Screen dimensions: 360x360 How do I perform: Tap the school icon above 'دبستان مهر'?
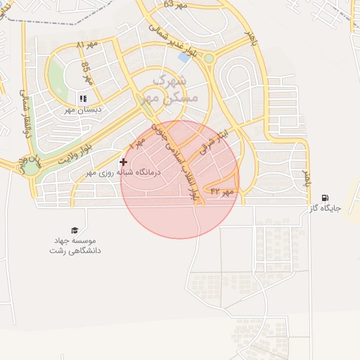pyautogui.click(x=83, y=98)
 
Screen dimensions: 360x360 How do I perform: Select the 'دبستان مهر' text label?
pyautogui.click(x=84, y=110)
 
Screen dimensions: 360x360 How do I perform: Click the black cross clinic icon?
pyautogui.click(x=124, y=162)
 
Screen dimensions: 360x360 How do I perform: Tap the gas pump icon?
pyautogui.click(x=324, y=198)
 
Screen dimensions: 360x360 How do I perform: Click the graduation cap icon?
pyautogui.click(x=74, y=230)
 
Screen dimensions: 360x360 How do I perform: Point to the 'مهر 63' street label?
pyautogui.click(x=176, y=4)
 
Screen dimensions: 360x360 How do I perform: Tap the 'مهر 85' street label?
pyautogui.click(x=86, y=72)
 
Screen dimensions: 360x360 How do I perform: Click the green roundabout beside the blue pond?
pyautogui.click(x=209, y=58)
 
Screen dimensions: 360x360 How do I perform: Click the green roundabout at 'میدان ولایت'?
pyautogui.click(x=32, y=168)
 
